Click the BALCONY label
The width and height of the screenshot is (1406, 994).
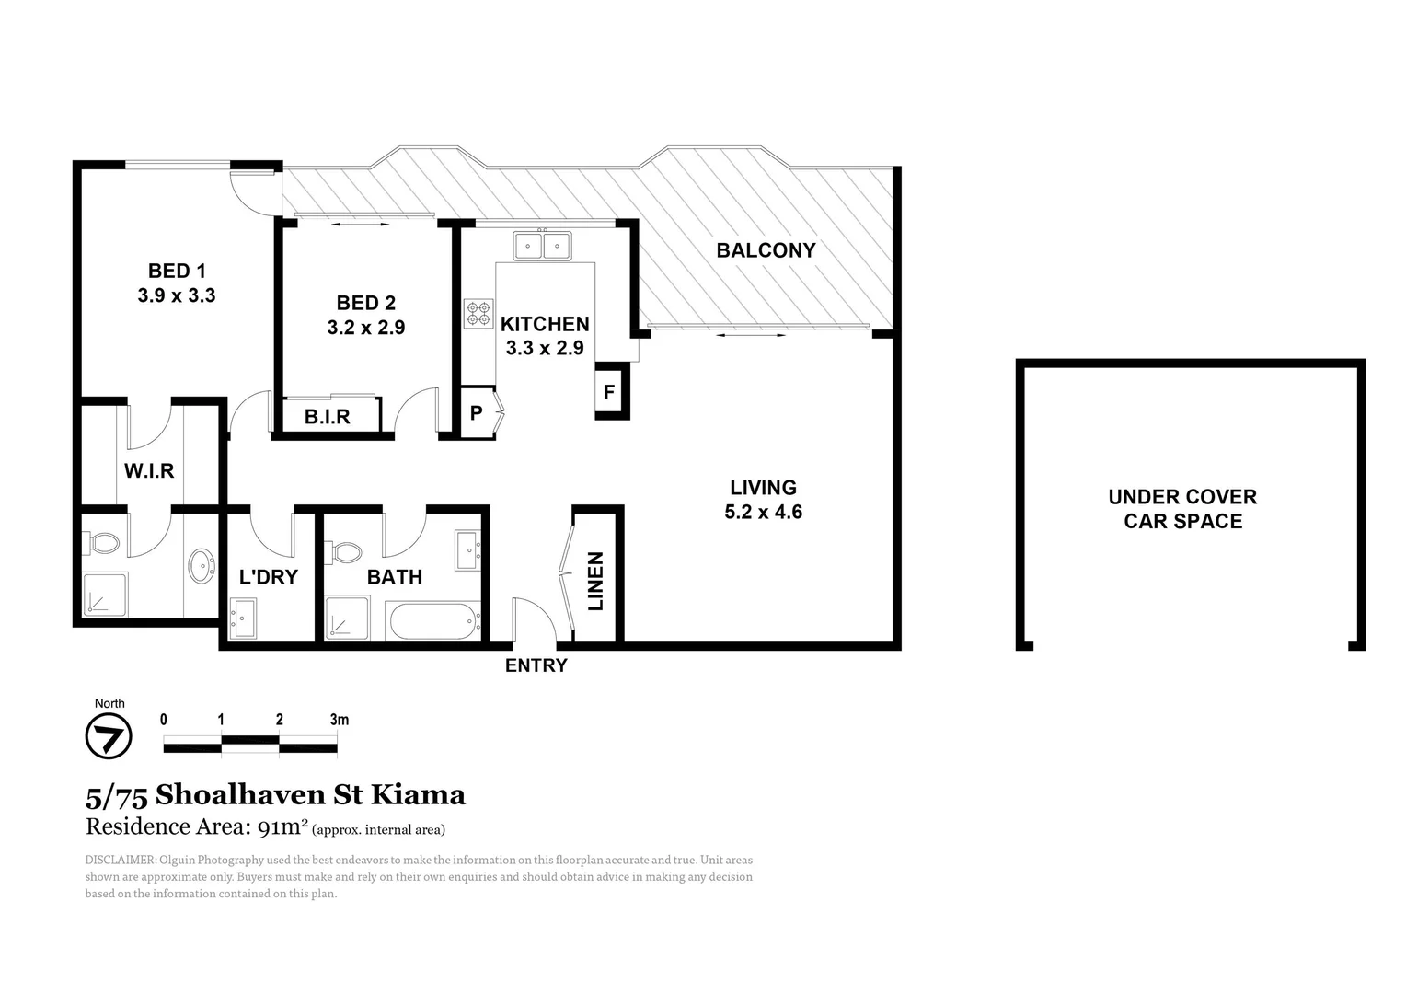[x=766, y=250]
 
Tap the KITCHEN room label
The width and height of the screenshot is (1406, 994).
[x=545, y=324]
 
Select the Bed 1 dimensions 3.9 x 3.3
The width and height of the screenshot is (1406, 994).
[x=177, y=295]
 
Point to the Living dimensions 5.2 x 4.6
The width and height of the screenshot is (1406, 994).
[x=763, y=513]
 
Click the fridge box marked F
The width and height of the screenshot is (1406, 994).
[x=609, y=391]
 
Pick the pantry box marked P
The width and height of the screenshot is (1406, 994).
[x=477, y=412]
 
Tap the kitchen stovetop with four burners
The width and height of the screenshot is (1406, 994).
[x=478, y=313]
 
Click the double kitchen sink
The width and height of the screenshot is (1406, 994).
[x=542, y=246]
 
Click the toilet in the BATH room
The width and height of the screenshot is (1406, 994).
[x=346, y=553]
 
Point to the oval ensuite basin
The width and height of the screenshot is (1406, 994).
[x=201, y=564]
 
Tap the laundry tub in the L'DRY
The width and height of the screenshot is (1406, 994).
[x=244, y=618]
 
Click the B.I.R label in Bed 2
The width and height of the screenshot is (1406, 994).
[x=328, y=417]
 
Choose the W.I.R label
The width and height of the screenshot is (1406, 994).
[x=149, y=471]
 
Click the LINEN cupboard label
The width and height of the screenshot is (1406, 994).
[x=595, y=582]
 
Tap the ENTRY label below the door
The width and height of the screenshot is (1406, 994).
[x=536, y=665]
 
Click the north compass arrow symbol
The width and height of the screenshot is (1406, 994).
[x=109, y=737]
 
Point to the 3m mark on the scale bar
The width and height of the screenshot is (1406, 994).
[x=339, y=720]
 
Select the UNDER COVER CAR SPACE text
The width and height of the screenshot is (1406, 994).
[x=1182, y=509]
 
